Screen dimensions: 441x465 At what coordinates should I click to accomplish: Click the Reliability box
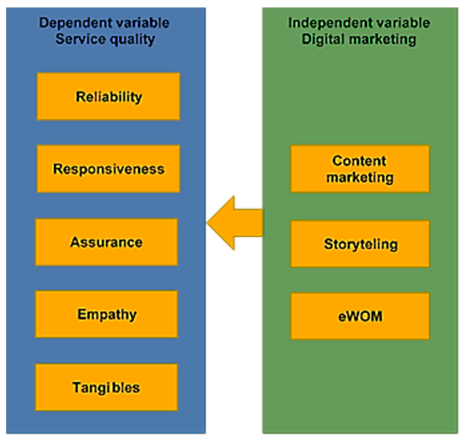(x=108, y=97)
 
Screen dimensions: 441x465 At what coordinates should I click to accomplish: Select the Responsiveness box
(x=108, y=169)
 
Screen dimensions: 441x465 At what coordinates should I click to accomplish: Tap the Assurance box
(x=106, y=242)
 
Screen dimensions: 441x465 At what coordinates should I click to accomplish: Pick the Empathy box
(x=106, y=314)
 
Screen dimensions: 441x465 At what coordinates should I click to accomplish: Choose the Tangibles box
(x=106, y=387)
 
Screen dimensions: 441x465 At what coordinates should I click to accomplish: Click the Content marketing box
(x=360, y=169)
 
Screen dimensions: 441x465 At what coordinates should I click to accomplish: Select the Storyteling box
(x=360, y=244)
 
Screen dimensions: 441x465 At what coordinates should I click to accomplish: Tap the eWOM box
(x=360, y=316)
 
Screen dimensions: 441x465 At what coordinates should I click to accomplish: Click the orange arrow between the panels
(x=237, y=223)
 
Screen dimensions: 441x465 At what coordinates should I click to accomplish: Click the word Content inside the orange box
(x=359, y=161)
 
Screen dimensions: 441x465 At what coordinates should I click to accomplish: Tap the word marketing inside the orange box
(x=360, y=177)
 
